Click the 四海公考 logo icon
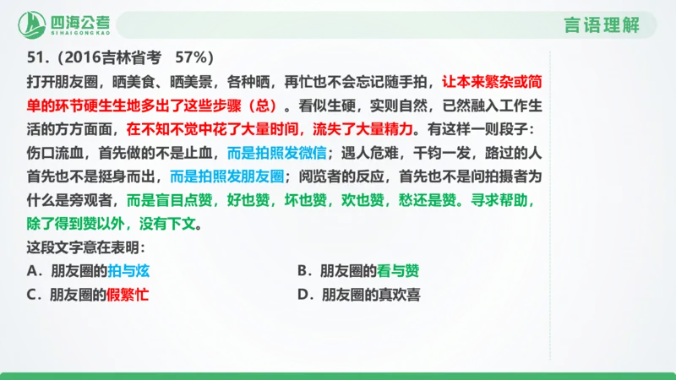35,25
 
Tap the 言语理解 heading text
601,25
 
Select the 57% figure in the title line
194,58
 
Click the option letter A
31,271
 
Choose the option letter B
302,271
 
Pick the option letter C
31,295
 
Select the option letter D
302,295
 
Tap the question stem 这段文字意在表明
86,249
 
